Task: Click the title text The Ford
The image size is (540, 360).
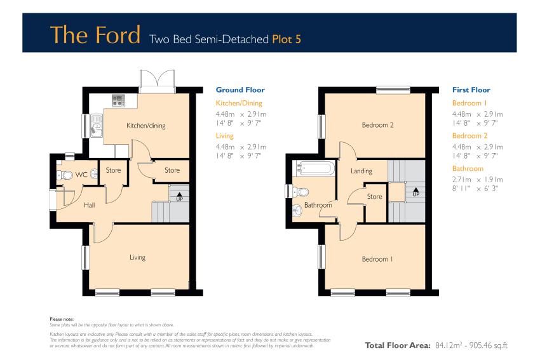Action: (95, 34)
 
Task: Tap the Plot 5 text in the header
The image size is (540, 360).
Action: (287, 39)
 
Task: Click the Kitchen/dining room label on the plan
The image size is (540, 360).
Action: (146, 126)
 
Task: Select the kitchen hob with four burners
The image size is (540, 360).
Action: (118, 101)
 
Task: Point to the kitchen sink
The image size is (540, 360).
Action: (97, 126)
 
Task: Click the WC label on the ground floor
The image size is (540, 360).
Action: (81, 175)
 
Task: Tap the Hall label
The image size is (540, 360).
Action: (89, 205)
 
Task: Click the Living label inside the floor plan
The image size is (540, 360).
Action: (137, 257)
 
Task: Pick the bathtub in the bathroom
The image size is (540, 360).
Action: (314, 168)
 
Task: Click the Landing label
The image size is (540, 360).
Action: (361, 171)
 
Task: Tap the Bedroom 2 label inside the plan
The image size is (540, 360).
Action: (377, 125)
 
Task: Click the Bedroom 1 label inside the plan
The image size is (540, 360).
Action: (377, 259)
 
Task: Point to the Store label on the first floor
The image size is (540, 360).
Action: (374, 197)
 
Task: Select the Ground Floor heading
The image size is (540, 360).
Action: (240, 90)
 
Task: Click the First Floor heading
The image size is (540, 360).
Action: (471, 90)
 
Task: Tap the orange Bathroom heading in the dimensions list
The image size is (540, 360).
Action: (468, 168)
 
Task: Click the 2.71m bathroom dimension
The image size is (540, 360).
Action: (461, 179)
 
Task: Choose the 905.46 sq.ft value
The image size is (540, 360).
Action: (489, 345)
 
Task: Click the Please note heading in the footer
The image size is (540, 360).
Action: (62, 319)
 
